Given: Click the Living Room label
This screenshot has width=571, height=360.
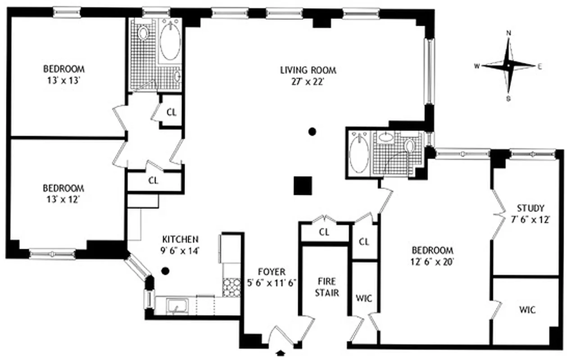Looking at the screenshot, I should click(308, 70).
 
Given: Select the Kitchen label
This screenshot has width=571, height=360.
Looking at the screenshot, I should click(180, 239).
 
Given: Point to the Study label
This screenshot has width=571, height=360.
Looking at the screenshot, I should click(530, 208).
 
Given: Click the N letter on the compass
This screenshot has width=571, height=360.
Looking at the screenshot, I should click(509, 33).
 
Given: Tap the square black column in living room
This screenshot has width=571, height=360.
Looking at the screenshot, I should click(303, 185).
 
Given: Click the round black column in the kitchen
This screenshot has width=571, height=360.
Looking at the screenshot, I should click(165, 271).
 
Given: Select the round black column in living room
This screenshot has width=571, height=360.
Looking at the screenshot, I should click(312, 132).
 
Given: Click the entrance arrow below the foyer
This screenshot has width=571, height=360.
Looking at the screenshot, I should click(281, 353).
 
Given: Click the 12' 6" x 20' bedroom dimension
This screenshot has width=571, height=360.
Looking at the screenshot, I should click(432, 262).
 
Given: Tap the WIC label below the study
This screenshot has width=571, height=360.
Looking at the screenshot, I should click(526, 310).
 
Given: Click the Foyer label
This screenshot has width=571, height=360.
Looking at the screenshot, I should click(272, 272).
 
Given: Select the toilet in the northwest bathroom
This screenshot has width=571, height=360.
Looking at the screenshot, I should click(143, 33).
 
